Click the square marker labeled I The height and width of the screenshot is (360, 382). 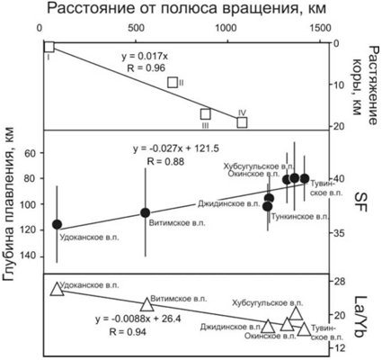[x=49, y=47]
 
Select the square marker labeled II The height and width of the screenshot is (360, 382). [x=173, y=82]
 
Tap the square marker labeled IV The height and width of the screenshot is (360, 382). [x=242, y=122]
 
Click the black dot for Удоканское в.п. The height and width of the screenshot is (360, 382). [x=57, y=224]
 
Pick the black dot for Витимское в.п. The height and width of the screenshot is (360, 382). [x=146, y=212]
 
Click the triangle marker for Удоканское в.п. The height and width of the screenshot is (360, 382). [x=57, y=289]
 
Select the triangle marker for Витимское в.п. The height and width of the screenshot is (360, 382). [x=147, y=305]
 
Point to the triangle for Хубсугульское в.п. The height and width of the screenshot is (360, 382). [x=296, y=313]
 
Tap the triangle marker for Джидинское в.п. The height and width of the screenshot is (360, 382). [x=268, y=327]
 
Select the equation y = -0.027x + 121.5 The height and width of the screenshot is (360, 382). [x=176, y=148]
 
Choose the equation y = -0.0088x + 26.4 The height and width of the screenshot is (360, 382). [x=138, y=319]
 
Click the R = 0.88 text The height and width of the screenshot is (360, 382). [x=165, y=162]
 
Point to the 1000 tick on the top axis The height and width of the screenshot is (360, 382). [x=228, y=28]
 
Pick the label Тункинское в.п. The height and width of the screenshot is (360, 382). [x=299, y=217]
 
